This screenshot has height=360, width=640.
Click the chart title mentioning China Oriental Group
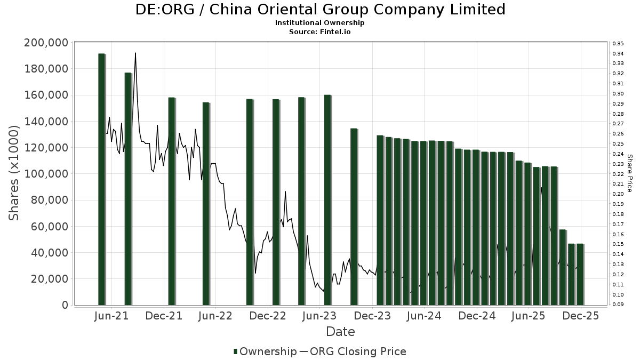click(320, 10)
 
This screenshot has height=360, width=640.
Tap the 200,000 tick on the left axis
click(47, 43)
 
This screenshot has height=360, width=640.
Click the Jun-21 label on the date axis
click(111, 316)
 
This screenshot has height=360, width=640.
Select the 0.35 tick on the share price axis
click(618, 43)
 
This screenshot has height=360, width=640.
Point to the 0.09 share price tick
click(618, 305)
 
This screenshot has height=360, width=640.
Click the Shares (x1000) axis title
click(15, 173)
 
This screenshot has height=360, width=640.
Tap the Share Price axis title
click(630, 173)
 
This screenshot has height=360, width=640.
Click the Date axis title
click(340, 332)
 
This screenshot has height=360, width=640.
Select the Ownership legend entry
click(265, 351)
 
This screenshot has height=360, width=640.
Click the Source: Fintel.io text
click(320, 31)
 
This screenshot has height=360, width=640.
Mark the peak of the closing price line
click(135, 53)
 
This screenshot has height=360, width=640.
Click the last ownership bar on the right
click(580, 274)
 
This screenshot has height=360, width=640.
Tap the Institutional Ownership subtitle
click(320, 23)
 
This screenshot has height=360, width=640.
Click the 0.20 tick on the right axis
click(618, 194)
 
